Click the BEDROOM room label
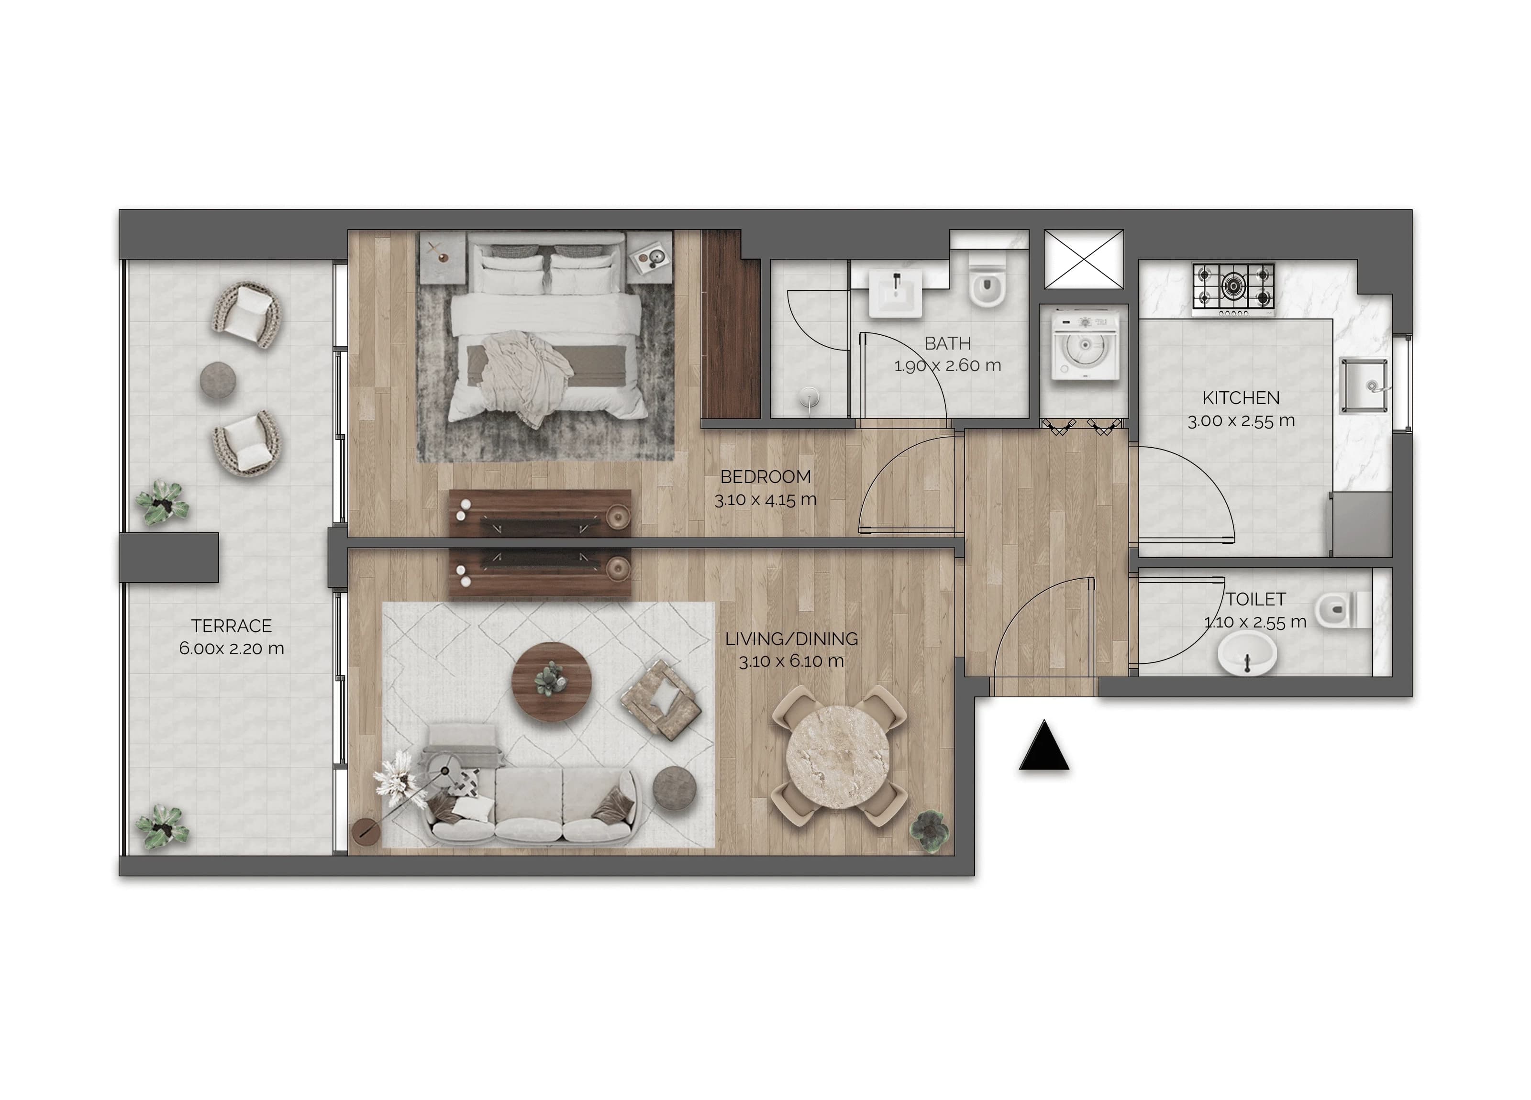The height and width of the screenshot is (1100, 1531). coord(765,476)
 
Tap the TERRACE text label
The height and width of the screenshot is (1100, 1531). coord(231,626)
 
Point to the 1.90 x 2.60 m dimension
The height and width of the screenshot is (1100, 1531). coord(947,366)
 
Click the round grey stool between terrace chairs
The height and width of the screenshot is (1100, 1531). coord(219,379)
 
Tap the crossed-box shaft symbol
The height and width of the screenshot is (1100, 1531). coord(1084,259)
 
